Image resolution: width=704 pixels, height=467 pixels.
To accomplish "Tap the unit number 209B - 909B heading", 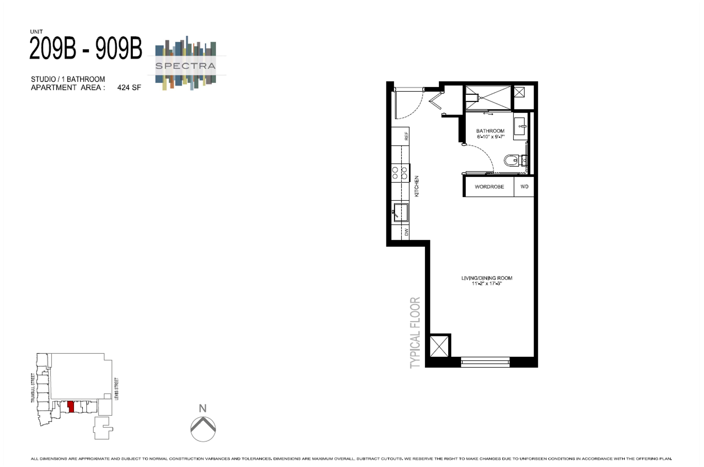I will click(85, 48).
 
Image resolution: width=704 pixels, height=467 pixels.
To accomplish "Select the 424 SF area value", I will click(129, 87).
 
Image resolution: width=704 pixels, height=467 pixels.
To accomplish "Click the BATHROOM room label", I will click(490, 131).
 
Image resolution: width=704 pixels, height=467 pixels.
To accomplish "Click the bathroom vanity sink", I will click(520, 127).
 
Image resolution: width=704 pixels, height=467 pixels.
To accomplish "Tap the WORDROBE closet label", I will click(489, 187).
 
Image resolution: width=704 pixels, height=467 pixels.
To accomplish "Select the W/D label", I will click(524, 187).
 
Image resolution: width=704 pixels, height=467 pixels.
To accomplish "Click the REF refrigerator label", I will click(406, 136).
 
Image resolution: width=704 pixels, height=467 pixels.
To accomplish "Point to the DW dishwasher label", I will click(406, 232).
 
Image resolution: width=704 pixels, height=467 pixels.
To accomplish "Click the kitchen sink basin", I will click(401, 212).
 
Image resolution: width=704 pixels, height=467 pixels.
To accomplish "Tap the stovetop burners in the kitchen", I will click(400, 173).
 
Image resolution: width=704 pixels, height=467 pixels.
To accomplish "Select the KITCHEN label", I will click(417, 186).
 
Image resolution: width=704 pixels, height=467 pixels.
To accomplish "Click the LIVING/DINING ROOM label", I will click(487, 278).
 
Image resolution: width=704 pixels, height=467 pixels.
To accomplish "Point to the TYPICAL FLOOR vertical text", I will click(415, 332).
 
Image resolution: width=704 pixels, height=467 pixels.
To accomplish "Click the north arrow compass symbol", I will click(203, 428).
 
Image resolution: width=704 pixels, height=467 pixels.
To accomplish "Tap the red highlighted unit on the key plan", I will click(71, 407).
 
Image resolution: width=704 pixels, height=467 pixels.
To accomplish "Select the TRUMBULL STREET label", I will click(33, 388).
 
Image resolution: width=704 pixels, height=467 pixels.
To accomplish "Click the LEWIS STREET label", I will click(117, 388).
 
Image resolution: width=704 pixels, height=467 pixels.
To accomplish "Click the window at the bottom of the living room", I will click(485, 362).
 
